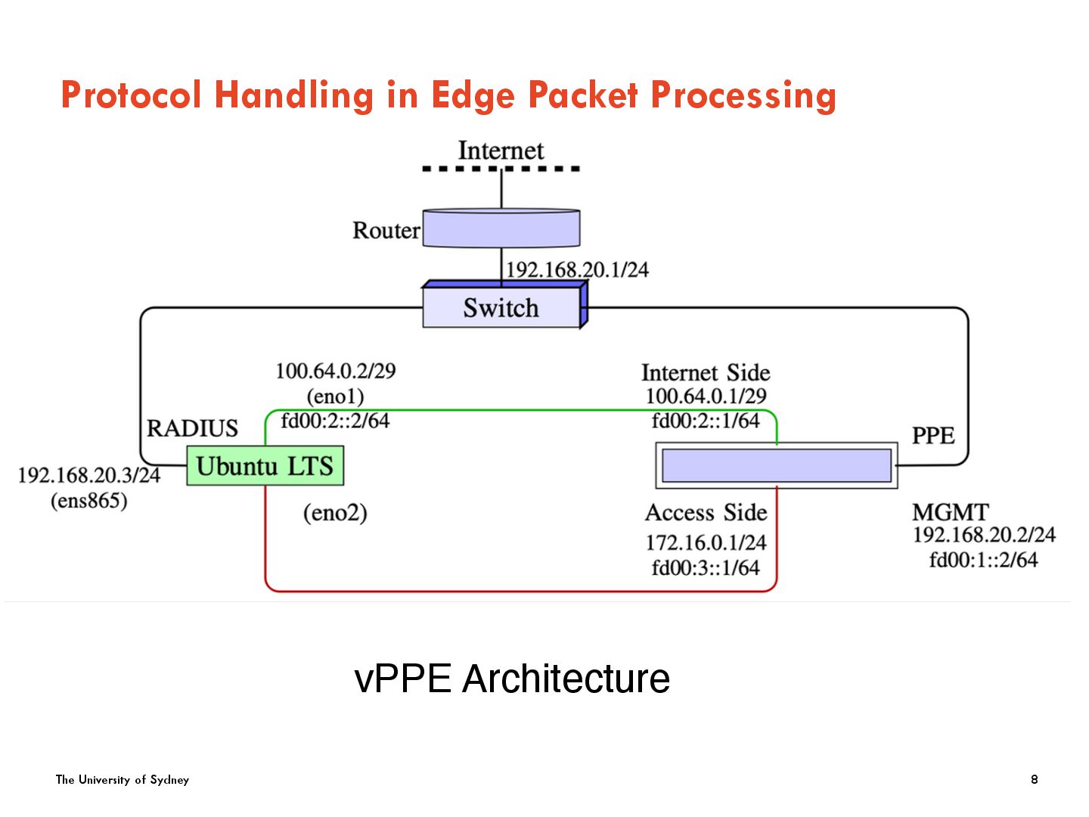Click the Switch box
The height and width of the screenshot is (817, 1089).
point(501,308)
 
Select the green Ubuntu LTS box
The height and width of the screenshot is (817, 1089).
point(265,466)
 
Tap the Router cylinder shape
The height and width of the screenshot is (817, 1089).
point(501,228)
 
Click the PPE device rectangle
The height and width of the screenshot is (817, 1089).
point(776,465)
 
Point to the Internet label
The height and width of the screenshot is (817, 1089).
point(501,151)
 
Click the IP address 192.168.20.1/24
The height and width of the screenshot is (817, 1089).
point(577,270)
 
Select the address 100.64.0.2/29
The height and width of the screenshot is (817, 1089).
point(335,371)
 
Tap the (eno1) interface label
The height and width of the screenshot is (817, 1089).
point(335,396)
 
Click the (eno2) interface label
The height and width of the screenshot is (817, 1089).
point(335,513)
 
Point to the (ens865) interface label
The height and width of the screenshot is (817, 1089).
point(88,501)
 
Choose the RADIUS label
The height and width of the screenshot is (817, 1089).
point(192,428)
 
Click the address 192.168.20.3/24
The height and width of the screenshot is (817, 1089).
point(89,475)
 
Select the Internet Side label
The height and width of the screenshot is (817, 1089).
point(706,372)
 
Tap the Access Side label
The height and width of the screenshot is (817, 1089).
point(706,513)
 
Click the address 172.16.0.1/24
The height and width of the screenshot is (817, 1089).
point(706,542)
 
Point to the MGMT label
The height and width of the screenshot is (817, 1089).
point(950,512)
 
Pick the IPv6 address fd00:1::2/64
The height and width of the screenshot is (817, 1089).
point(983,560)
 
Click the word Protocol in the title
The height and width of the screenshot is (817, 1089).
point(131,95)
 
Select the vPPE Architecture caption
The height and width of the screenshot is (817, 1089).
point(512,679)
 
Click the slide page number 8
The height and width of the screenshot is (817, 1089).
point(1035,779)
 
